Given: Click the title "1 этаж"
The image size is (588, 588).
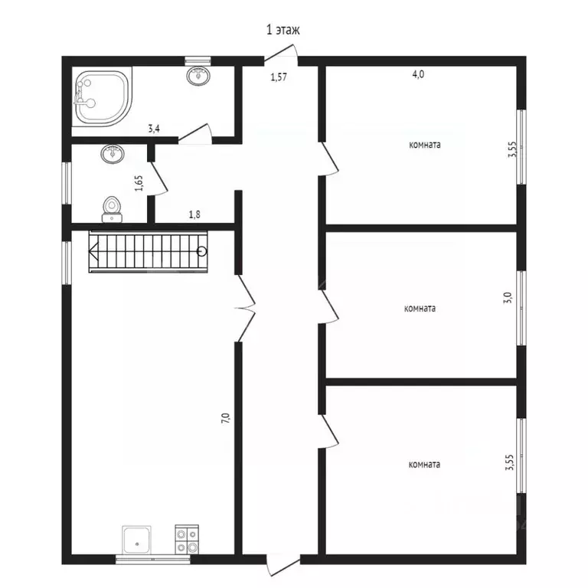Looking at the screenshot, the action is [x=283, y=30].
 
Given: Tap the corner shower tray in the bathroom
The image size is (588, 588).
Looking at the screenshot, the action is [x=104, y=97].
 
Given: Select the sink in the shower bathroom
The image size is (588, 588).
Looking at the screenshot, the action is [x=198, y=76].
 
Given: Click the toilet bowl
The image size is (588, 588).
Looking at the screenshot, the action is [x=112, y=209].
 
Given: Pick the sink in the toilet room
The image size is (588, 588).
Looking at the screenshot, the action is [x=113, y=154].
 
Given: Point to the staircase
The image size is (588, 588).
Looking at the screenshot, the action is [x=148, y=252].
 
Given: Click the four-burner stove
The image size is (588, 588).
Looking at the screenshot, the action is [x=187, y=539].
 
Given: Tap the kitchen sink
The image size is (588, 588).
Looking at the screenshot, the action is [x=137, y=540].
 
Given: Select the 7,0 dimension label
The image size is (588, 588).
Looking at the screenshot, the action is [x=225, y=418].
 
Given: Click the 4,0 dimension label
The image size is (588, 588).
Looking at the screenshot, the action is [x=418, y=74].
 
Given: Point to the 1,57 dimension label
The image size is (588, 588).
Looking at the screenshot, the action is [x=279, y=77].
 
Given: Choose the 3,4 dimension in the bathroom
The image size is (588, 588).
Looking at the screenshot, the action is [x=154, y=129].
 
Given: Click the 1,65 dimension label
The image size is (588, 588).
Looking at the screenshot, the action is [x=139, y=183].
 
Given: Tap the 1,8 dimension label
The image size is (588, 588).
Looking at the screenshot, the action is [x=194, y=214].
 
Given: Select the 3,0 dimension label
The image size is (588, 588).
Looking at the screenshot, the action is [x=508, y=298].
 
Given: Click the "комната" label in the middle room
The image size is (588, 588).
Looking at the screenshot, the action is [x=420, y=309].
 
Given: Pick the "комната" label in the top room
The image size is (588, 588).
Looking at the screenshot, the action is [x=425, y=145].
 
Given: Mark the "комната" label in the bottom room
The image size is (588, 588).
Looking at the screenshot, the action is [x=424, y=465].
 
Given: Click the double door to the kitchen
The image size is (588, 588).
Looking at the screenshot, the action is [x=246, y=309].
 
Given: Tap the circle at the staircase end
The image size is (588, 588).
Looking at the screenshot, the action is [x=202, y=251].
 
